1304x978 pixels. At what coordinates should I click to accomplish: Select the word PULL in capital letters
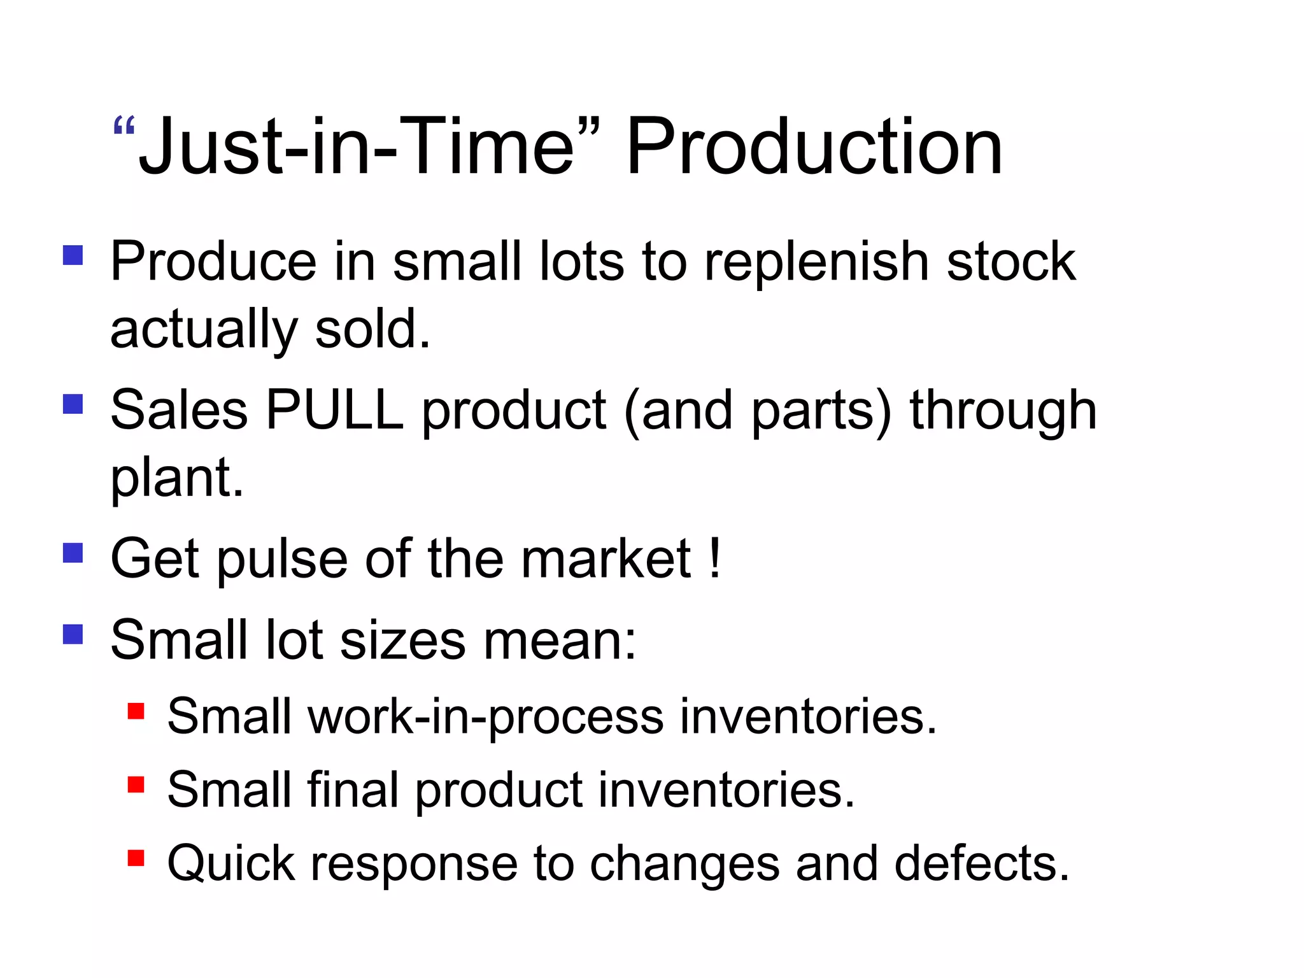(x=335, y=411)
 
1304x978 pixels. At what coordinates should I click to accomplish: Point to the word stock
(x=1011, y=262)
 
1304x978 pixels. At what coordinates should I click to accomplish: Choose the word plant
(x=176, y=478)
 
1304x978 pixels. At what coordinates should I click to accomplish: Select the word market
(x=606, y=559)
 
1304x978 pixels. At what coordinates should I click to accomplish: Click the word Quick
(x=231, y=864)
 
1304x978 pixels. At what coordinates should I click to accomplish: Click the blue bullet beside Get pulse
(x=73, y=553)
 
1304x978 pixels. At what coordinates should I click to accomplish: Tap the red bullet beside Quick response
(x=136, y=858)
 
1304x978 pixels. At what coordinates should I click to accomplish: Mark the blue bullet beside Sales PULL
(x=73, y=404)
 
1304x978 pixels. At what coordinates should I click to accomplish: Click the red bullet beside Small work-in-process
(x=136, y=710)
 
